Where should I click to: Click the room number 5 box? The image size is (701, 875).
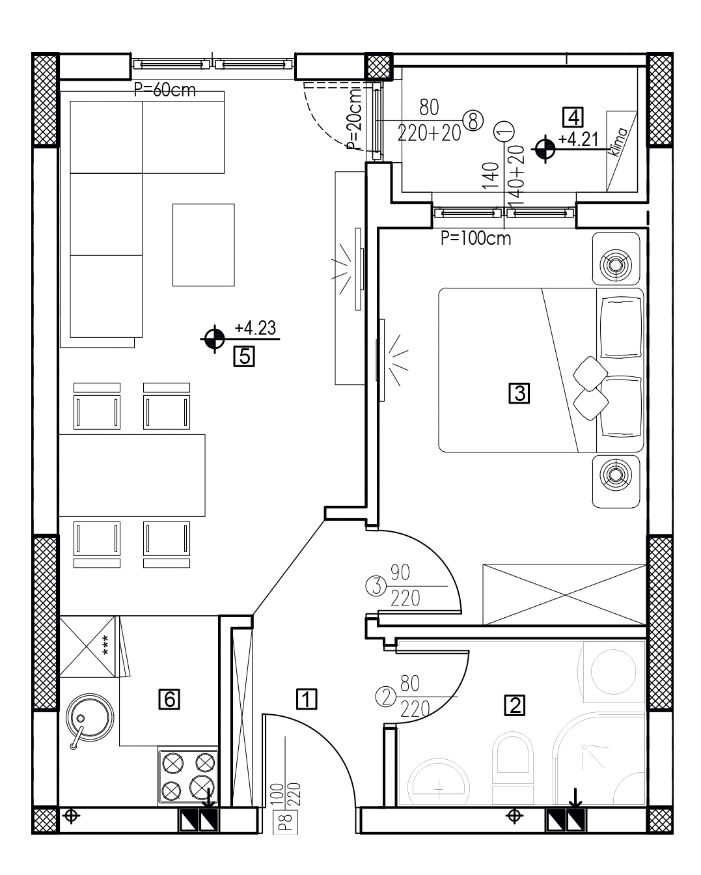coord(244,357)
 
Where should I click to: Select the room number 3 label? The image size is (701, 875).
coord(519,393)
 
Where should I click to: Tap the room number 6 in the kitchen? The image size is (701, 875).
coord(170,699)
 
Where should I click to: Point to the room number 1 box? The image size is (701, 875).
coord(306,699)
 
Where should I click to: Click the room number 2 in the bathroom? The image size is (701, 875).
coord(515,705)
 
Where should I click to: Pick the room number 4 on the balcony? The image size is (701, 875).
coord(573,117)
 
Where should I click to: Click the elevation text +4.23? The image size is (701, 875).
coord(255,328)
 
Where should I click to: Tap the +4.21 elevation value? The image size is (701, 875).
coord(578,139)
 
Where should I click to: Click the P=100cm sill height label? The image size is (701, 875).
coord(476,239)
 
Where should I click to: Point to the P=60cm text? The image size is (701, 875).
coord(165,90)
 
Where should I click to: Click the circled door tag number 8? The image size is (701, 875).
coord(473,120)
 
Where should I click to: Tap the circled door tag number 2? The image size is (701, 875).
coord(386,697)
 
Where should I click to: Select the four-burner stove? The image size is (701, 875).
coord(188,776)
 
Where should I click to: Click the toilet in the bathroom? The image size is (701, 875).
coord(512,767)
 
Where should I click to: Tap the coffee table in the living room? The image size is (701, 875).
coord(203,245)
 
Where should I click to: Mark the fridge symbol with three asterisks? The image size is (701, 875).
coord(87,646)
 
